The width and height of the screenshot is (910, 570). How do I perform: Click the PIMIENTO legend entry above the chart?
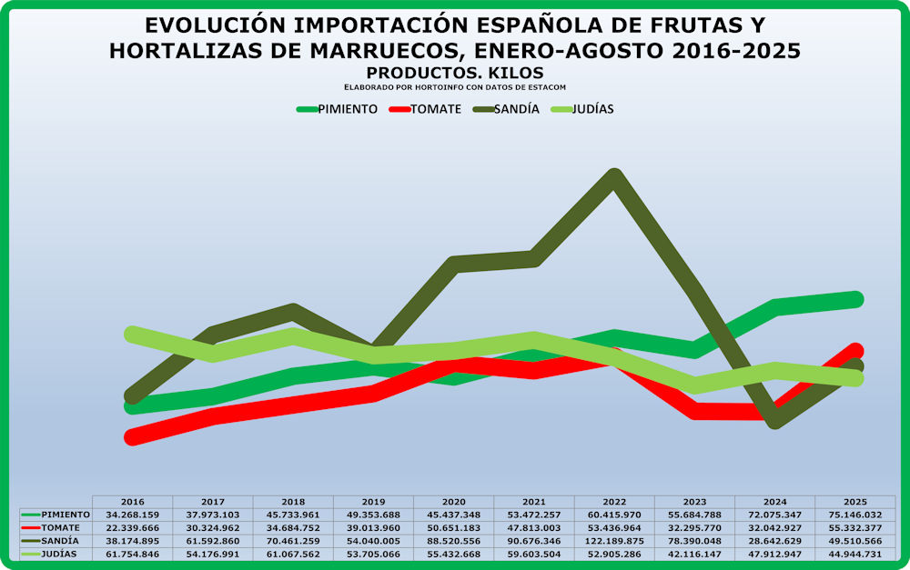[x=338, y=109]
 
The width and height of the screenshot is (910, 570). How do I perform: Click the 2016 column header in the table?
[x=133, y=502]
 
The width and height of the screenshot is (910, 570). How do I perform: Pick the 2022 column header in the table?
[x=613, y=502]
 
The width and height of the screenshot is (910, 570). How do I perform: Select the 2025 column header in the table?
[x=855, y=502]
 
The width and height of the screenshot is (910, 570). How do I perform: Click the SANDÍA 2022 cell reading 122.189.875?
[x=613, y=540]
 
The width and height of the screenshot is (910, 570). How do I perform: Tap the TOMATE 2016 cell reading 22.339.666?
[x=133, y=527]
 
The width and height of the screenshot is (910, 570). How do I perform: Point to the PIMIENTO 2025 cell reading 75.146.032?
[x=855, y=515]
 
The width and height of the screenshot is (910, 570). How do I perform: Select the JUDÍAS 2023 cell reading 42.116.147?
[x=694, y=553]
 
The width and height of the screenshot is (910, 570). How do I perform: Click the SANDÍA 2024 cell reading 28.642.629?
[x=774, y=540]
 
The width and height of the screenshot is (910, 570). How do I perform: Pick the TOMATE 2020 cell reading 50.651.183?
[x=453, y=527]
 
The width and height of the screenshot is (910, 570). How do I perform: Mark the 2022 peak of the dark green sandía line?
[x=615, y=176]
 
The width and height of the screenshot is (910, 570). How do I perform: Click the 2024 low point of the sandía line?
[x=774, y=420]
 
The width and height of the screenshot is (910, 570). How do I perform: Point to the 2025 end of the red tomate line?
[x=854, y=351]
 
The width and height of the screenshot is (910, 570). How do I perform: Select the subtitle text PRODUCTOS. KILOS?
[x=455, y=72]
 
